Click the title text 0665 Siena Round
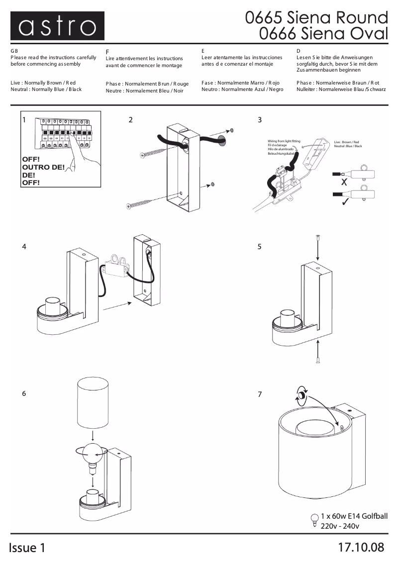point(316,18)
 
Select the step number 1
point(23,120)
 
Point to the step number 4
point(24,247)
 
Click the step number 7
point(260,394)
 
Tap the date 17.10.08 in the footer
point(361,548)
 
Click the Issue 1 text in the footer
point(27,548)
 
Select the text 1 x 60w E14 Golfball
point(354,516)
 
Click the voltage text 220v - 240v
point(340,526)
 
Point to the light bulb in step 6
point(93,453)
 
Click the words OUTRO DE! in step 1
point(43,167)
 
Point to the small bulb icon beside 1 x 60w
point(314,519)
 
